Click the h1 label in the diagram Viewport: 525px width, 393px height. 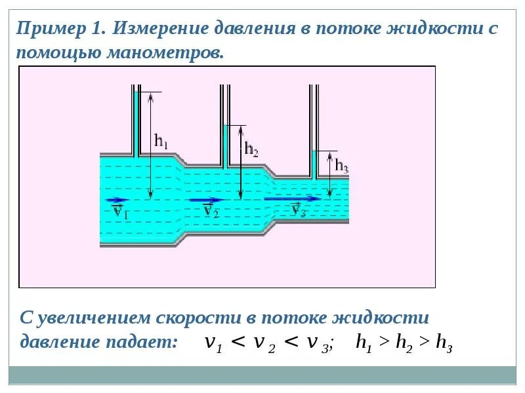pyautogui.click(x=161, y=140)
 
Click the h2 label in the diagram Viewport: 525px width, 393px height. pyautogui.click(x=251, y=149)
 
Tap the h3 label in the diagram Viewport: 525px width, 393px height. pyautogui.click(x=341, y=166)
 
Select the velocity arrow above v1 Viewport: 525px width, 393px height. pyautogui.click(x=116, y=200)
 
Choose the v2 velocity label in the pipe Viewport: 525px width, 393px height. pyautogui.click(x=210, y=210)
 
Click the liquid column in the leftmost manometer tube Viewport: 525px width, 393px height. pyautogui.click(x=136, y=124)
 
